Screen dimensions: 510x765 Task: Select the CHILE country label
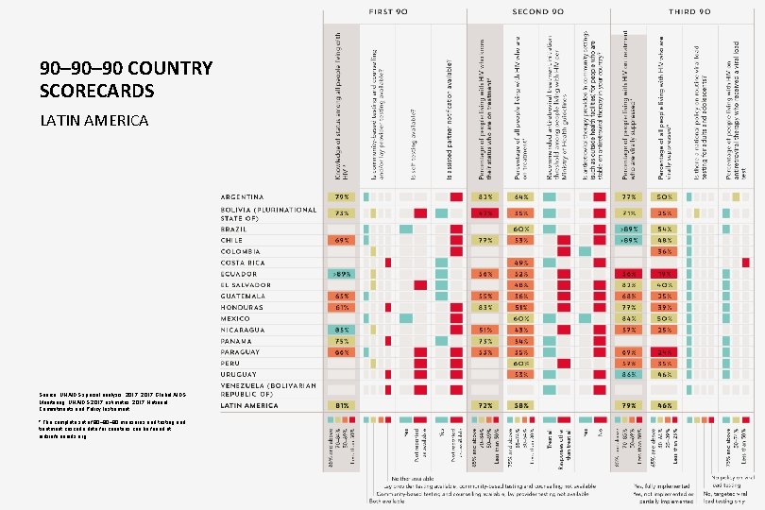(231, 240)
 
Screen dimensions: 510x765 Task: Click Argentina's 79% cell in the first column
(341, 196)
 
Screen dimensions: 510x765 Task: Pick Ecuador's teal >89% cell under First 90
(341, 274)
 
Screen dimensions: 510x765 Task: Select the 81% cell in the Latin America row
(341, 404)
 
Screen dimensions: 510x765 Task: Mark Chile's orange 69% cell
(341, 240)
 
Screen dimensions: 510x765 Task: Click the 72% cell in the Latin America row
(485, 404)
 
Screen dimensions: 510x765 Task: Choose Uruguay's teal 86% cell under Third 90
(628, 374)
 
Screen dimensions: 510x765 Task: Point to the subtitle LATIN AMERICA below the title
(93, 121)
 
